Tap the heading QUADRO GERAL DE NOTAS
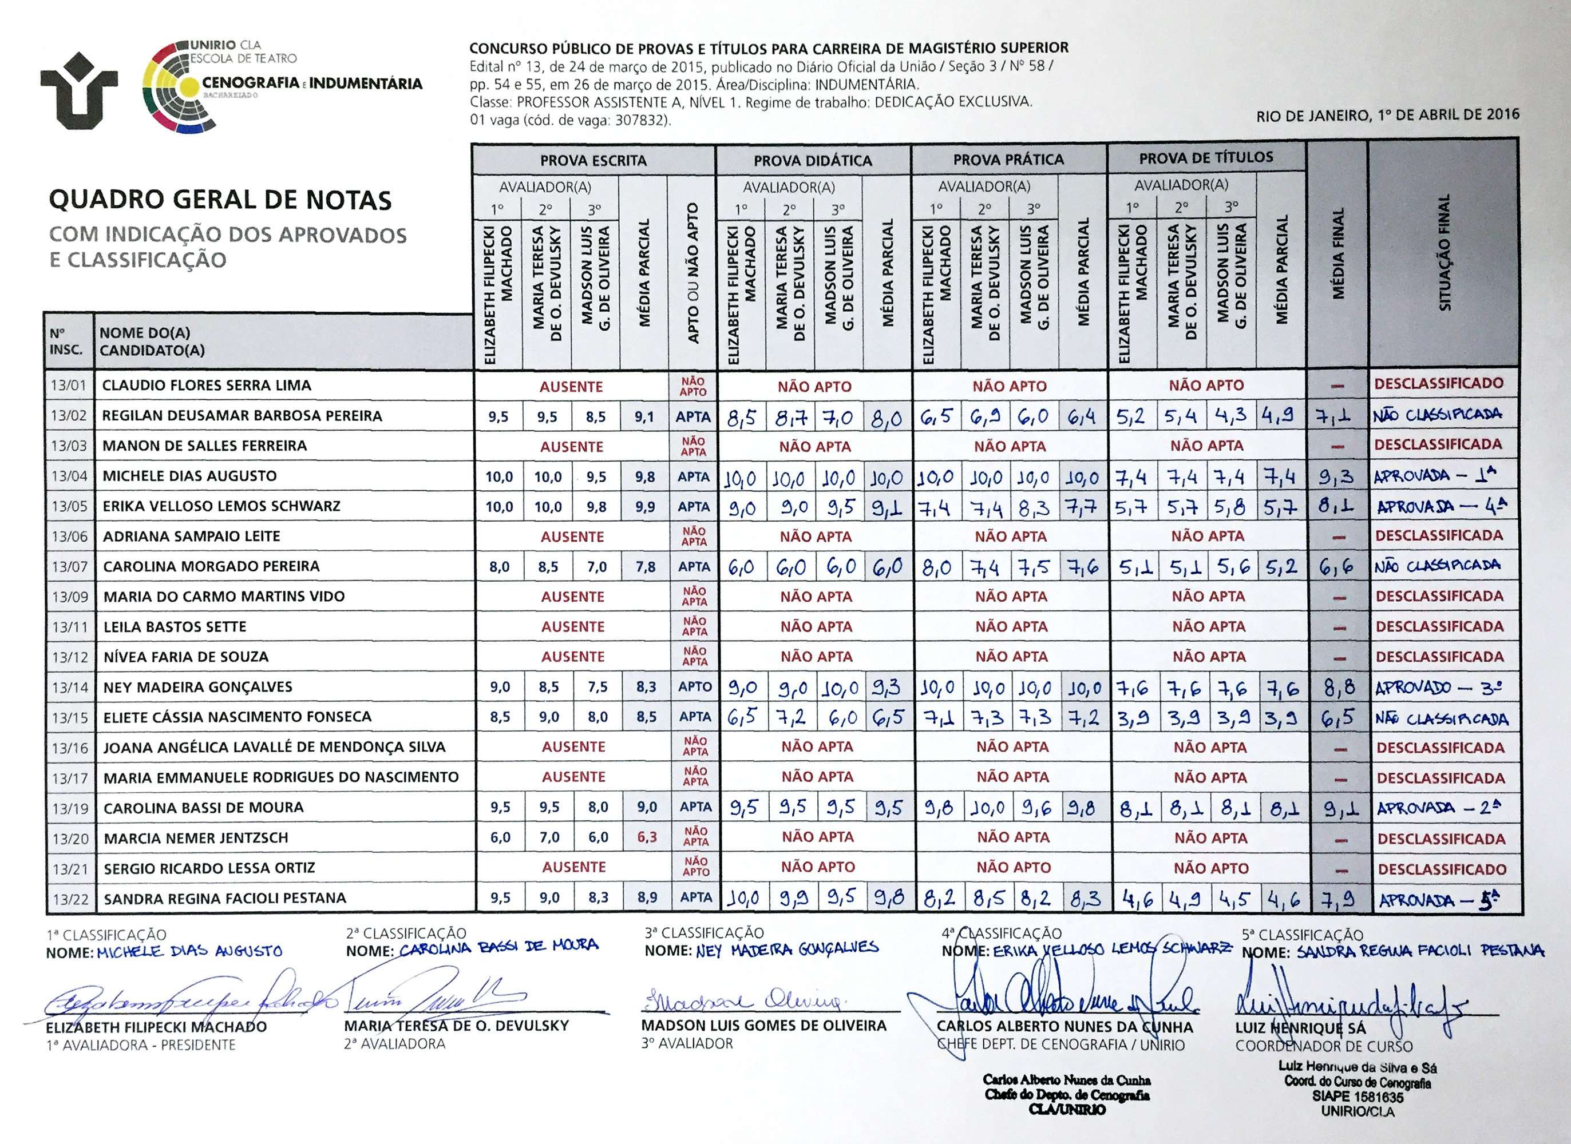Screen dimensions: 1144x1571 (220, 200)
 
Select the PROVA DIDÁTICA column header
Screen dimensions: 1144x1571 (813, 161)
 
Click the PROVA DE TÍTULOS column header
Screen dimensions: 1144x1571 (1206, 158)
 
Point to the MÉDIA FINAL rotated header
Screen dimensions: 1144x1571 (1337, 253)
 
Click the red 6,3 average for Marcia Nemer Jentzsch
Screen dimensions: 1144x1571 (646, 838)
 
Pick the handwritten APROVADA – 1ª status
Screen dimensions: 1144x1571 (1435, 476)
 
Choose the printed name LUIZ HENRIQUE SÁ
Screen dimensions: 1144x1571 (1300, 1028)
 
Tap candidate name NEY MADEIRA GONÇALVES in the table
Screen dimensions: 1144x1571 (198, 687)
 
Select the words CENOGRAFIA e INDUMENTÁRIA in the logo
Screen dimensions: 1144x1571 (312, 84)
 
